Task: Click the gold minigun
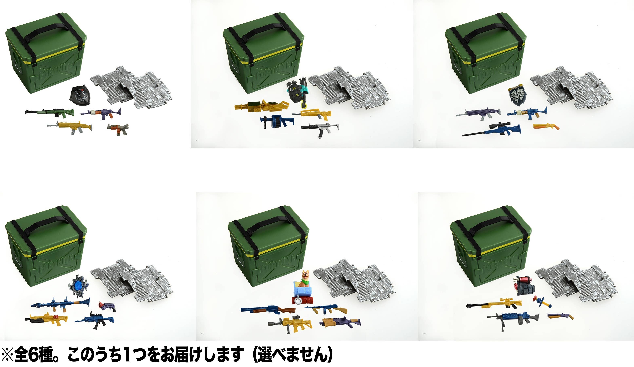(262, 106)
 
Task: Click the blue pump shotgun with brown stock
(268, 310)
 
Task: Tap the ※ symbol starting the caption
(7, 355)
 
